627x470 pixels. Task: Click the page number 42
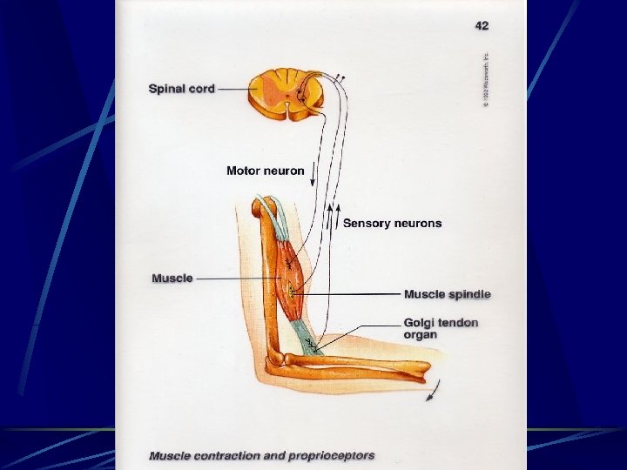[482, 26]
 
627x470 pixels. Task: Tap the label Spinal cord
[182, 88]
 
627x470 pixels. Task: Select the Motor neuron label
[266, 171]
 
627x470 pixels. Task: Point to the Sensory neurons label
[392, 224]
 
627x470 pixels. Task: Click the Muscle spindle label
[447, 294]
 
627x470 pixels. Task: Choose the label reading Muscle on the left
[172, 279]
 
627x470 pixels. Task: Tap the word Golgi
[419, 322]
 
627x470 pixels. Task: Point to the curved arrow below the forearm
[431, 393]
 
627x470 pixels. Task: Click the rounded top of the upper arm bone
[262, 207]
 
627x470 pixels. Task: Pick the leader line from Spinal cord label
[232, 88]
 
